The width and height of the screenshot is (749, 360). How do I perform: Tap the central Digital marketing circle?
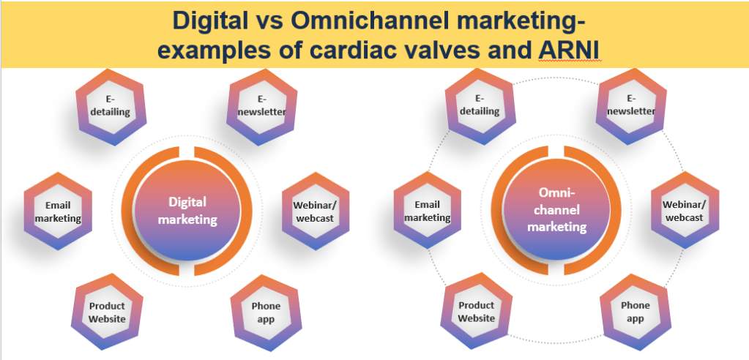click(187, 211)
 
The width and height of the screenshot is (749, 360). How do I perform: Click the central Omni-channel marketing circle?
click(556, 210)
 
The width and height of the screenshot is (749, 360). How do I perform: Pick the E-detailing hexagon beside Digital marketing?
click(111, 107)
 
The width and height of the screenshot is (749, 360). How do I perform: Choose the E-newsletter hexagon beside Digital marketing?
click(261, 107)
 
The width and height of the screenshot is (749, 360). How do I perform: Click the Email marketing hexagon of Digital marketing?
click(59, 211)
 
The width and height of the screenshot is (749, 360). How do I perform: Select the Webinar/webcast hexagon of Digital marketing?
click(316, 211)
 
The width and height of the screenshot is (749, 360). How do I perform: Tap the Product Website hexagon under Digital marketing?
click(107, 311)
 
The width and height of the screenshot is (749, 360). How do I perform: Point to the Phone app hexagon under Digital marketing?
click(266, 312)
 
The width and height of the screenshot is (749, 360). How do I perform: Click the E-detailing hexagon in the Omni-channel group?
click(480, 106)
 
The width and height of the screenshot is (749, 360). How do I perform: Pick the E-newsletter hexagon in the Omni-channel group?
click(631, 106)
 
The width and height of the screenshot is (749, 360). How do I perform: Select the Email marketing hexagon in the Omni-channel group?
click(428, 210)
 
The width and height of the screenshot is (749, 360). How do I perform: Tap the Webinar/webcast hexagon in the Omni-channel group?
click(685, 210)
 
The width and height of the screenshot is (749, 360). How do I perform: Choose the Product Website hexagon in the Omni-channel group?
click(476, 311)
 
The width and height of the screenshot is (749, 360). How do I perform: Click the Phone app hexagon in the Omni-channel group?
click(636, 311)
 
